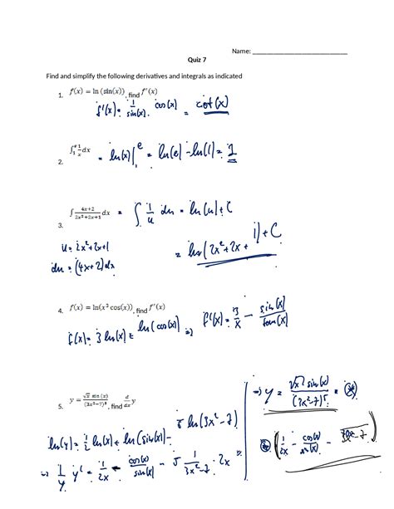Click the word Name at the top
coord(240,51)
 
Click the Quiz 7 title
coord(197,61)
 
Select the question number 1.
coord(61,96)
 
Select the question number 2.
coord(61,164)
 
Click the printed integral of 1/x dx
coord(81,149)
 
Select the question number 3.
coord(61,225)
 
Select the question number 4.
coord(61,311)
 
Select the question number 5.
coord(61,407)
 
